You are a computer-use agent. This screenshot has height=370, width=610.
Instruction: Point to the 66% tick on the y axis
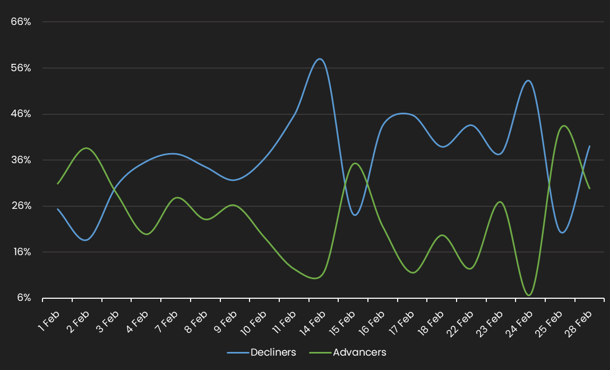tap(21, 22)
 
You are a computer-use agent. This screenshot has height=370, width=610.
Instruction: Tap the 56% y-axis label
tap(21, 68)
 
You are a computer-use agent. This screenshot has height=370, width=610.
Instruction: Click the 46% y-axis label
tap(21, 114)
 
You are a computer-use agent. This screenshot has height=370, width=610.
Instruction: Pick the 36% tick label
tap(21, 160)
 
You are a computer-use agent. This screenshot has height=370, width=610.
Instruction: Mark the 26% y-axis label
tap(21, 206)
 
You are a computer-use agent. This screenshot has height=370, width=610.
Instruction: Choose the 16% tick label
tap(21, 252)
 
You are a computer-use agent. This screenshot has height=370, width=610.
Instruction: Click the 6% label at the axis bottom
tap(23, 298)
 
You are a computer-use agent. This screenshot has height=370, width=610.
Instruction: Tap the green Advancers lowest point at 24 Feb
tap(529, 295)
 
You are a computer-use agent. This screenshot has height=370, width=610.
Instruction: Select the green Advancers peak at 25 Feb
tap(563, 126)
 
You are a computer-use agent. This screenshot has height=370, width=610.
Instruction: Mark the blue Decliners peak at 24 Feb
tap(528, 80)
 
